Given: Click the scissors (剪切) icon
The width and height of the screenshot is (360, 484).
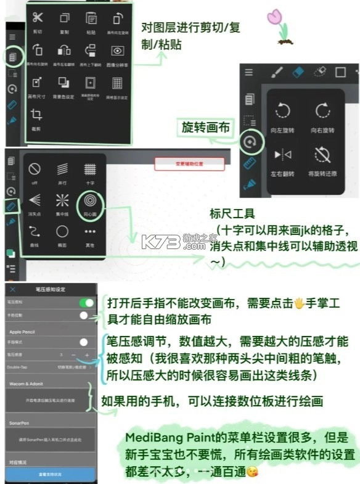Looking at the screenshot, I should [38, 18].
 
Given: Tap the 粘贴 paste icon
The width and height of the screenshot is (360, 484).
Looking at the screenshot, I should [91, 18].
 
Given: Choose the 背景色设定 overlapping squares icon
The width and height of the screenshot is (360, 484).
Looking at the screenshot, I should [64, 83].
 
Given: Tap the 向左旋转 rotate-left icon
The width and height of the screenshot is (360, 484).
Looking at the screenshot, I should [283, 112].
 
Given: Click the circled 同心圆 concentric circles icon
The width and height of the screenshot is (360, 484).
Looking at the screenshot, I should [89, 201].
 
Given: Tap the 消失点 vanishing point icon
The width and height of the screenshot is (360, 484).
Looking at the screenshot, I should [35, 201].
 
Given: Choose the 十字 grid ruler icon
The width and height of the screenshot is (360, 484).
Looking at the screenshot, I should [90, 169].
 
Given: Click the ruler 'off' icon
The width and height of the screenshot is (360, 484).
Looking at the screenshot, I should [35, 169].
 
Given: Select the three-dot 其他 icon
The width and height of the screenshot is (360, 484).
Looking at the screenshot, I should [90, 232].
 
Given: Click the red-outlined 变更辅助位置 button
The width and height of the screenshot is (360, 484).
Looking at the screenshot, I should [189, 163].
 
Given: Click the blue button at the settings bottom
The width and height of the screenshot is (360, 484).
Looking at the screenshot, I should [50, 474].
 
